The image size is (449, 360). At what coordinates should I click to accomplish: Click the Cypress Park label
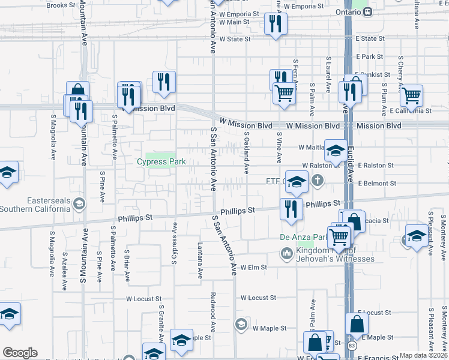pos(161,162)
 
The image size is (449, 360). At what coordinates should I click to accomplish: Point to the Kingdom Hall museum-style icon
pos(286,254)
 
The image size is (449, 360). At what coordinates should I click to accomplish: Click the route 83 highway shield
pos(352,346)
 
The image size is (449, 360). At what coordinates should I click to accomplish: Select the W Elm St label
pos(253,267)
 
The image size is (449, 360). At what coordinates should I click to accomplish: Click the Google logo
pos(20,353)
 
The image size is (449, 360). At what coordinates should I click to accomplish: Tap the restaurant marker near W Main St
pos(276,23)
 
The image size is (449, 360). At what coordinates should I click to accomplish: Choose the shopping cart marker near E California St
pos(411,95)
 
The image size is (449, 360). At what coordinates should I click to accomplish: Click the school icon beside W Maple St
pos(241,324)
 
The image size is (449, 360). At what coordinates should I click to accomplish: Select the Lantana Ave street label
pos(200,260)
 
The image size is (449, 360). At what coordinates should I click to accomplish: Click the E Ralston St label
pos(375,165)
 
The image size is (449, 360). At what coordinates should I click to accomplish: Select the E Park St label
pos(369,56)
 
